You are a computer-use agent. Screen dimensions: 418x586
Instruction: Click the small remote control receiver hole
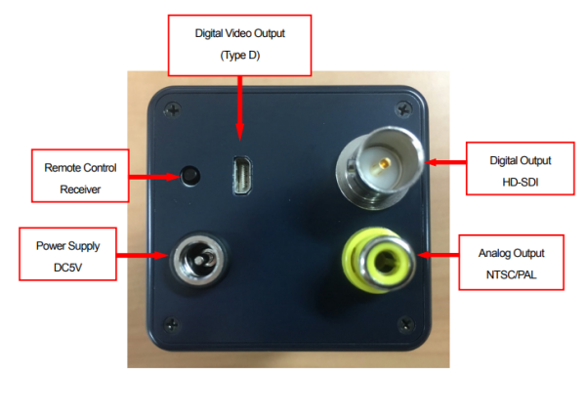pos(190,176)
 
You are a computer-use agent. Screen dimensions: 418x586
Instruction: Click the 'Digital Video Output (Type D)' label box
pos(240,45)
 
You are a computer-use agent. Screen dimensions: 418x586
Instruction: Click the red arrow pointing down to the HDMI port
pos(240,108)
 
